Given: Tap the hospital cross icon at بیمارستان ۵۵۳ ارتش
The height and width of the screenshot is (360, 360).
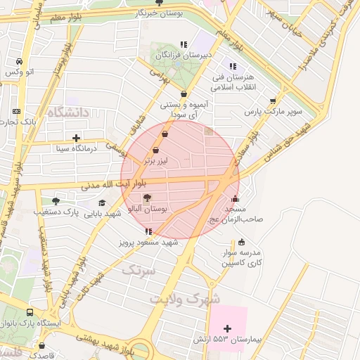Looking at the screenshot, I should (x=227, y=328).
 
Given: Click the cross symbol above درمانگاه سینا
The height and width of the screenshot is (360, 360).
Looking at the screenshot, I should (x=77, y=138).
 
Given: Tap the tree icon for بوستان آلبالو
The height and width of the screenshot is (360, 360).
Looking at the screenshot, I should (x=146, y=198).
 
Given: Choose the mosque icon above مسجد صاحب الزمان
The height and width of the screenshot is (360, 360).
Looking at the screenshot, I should (x=234, y=198).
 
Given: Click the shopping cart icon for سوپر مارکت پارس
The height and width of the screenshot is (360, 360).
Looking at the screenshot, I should (x=273, y=101).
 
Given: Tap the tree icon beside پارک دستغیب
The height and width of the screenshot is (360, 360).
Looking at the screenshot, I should (x=56, y=201).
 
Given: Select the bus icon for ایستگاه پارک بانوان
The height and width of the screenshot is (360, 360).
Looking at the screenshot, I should (x=30, y=312).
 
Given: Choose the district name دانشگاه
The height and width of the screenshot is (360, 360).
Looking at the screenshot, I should (x=70, y=112).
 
